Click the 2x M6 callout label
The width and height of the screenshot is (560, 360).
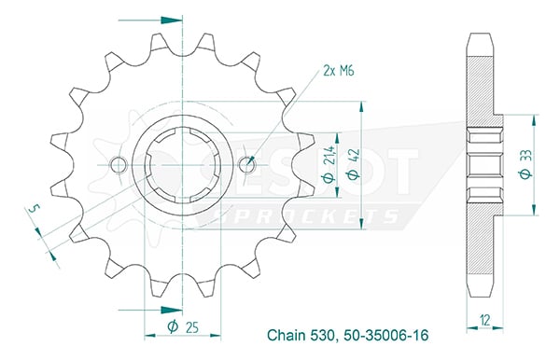[x=338, y=71]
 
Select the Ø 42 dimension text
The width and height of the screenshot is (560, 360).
[x=354, y=164]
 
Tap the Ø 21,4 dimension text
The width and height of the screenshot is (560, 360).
[x=329, y=164]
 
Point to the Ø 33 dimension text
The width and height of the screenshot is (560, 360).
[x=526, y=164]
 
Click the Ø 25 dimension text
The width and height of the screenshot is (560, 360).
[x=183, y=326]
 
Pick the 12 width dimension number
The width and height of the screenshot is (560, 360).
[x=485, y=320]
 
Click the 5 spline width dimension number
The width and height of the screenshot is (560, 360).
[x=34, y=209]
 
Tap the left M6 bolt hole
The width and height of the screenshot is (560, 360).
[x=119, y=165]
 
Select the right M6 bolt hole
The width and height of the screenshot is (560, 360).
[x=246, y=165]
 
